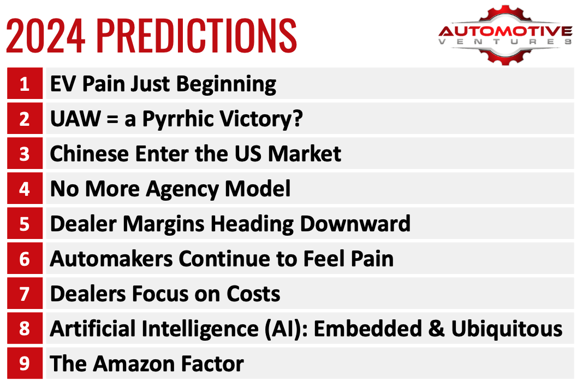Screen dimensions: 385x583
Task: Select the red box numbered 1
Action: click(x=25, y=84)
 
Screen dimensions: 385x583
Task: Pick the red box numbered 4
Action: click(x=25, y=189)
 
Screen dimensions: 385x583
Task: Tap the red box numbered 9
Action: click(x=25, y=364)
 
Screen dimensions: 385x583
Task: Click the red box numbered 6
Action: click(x=25, y=259)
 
